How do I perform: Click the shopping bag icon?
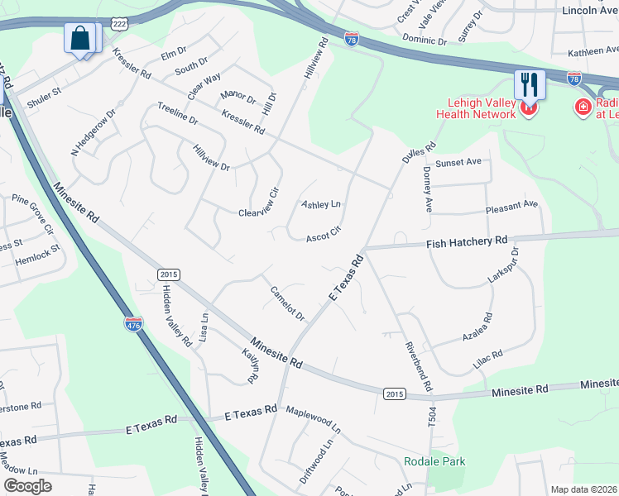(79, 38)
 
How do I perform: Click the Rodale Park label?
(434, 461)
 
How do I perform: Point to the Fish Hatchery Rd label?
(467, 242)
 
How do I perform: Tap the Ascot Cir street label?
(324, 236)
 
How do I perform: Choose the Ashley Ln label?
(321, 204)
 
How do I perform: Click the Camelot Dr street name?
(288, 303)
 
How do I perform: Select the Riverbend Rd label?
(418, 366)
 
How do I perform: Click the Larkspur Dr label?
(503, 265)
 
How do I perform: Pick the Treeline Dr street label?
(177, 115)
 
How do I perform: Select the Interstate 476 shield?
(133, 323)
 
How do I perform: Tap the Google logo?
(27, 486)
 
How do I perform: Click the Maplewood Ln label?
(313, 420)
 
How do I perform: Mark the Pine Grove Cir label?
(32, 213)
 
